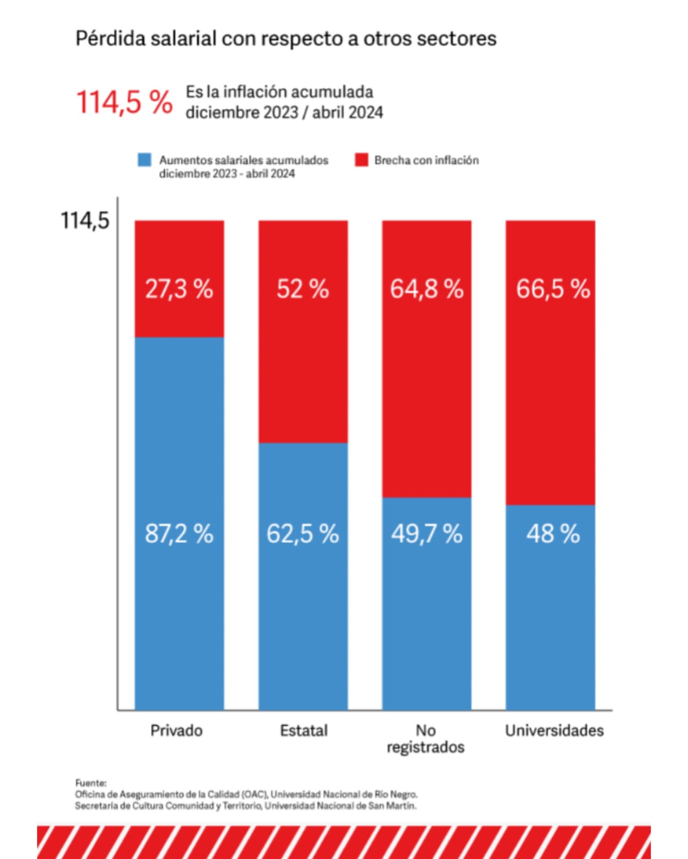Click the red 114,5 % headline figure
pos(124,102)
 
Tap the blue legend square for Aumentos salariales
pos(144,160)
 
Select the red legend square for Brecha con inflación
pos(361,160)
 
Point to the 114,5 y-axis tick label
pos(85,220)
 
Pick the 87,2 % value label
pos(179,533)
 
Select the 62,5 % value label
pos(303,533)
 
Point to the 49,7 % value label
pos(427,533)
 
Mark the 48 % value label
pos(553,533)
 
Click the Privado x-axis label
pos(177,731)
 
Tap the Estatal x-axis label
pos(304,731)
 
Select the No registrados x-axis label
pos(426,739)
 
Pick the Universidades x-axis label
pos(554,731)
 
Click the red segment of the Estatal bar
pos(303,331)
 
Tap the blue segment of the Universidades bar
pos(550,608)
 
